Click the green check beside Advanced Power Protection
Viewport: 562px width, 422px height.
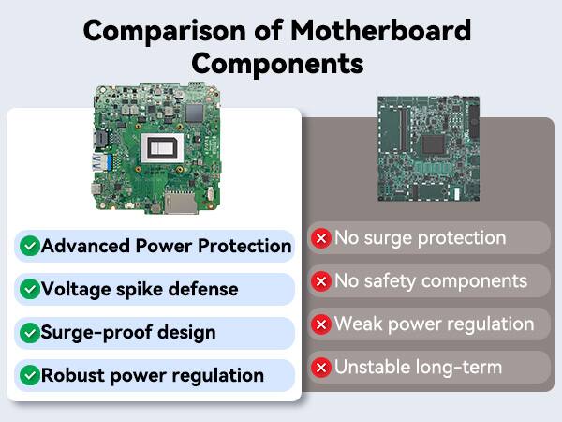pyautogui.click(x=30, y=246)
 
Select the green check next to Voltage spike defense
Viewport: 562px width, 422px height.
pyautogui.click(x=30, y=289)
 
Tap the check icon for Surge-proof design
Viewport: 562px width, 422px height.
pyautogui.click(x=30, y=332)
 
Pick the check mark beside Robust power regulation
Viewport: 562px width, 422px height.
pyautogui.click(x=30, y=375)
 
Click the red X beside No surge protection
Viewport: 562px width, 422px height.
pyautogui.click(x=321, y=238)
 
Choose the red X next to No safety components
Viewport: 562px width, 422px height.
pyautogui.click(x=321, y=281)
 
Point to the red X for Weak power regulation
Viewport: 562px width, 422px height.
pyautogui.click(x=321, y=324)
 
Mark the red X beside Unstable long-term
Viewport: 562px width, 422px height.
pyautogui.click(x=321, y=368)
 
